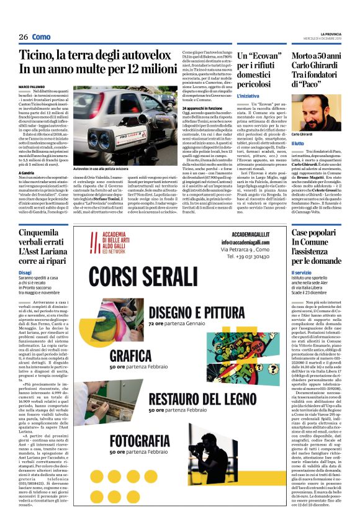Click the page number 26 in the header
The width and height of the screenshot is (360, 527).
(x=23, y=37)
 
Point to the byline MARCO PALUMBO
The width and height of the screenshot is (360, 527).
(x=32, y=86)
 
